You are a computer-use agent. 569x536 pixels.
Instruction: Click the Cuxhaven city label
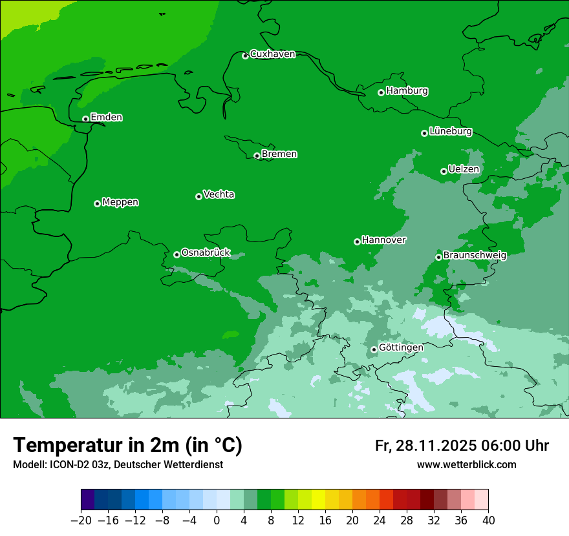click(272, 54)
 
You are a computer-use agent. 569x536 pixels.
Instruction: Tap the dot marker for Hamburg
click(381, 92)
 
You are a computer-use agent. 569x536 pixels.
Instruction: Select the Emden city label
click(106, 118)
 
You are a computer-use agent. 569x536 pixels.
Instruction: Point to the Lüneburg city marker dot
click(424, 133)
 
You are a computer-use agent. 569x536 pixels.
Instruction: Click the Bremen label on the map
click(279, 154)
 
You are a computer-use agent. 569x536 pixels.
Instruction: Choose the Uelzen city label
click(464, 170)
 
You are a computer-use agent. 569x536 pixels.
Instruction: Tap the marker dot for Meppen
click(97, 203)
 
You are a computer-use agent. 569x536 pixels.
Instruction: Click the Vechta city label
click(219, 194)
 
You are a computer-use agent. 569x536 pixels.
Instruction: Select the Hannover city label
click(383, 240)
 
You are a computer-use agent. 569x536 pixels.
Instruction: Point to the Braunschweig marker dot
click(438, 257)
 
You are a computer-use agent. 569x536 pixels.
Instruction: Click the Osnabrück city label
click(206, 253)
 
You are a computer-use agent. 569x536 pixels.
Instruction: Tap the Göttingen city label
click(401, 347)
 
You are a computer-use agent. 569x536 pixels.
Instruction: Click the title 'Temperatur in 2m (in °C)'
click(127, 446)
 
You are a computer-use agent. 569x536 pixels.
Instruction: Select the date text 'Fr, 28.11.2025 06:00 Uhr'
click(462, 446)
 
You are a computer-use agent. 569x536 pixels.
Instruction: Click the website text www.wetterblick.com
click(466, 465)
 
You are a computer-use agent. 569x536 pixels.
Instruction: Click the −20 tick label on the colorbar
click(81, 521)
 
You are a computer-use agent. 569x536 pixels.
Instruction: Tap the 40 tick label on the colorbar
click(488, 521)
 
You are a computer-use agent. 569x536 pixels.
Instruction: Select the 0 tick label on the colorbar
click(217, 521)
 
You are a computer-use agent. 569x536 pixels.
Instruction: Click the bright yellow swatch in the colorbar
click(318, 500)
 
